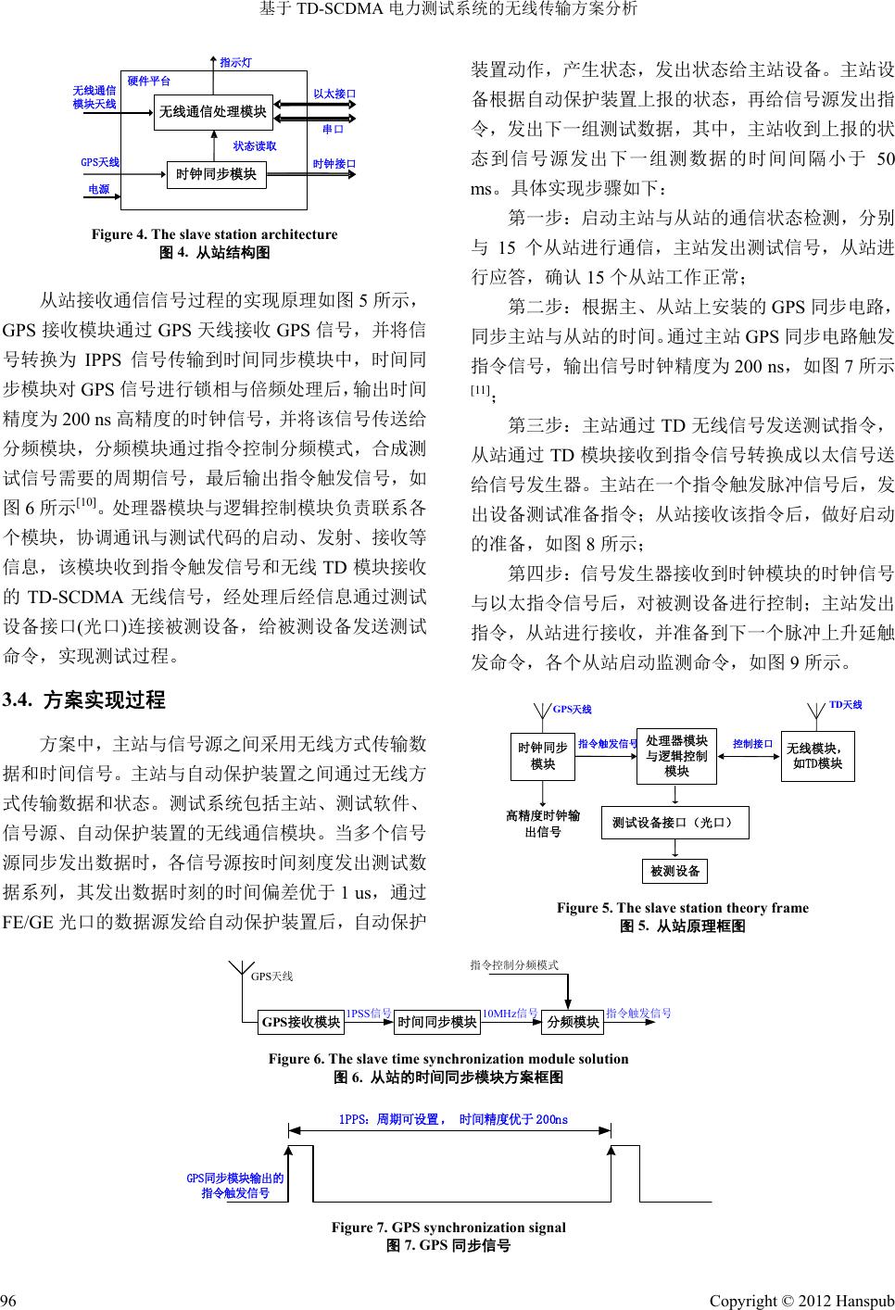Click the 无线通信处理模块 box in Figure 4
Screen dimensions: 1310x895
pos(213,112)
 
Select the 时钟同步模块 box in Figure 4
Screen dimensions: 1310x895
pos(216,173)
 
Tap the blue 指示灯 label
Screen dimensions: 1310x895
pos(235,62)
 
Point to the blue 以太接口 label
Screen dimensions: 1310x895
pos(334,94)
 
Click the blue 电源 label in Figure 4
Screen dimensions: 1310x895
pos(98,189)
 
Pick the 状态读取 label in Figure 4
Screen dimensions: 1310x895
pos(255,145)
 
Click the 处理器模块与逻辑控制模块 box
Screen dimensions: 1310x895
pos(676,756)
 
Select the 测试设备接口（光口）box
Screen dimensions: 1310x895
pos(674,822)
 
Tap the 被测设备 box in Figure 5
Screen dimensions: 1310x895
pos(674,871)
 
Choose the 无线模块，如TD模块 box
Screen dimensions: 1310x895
pos(817,756)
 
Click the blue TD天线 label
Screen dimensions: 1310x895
pos(845,705)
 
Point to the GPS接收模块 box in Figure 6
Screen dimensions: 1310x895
pos(301,1022)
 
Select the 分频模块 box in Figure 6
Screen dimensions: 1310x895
pos(573,1022)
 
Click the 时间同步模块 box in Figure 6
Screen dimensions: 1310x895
pos(436,1022)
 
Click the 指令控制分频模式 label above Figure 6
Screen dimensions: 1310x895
pos(514,965)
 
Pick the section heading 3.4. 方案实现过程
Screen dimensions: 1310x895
pos(84,699)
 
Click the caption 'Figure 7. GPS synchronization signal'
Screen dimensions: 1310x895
pos(448,1228)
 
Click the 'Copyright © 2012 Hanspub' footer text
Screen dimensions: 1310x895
pos(801,1293)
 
